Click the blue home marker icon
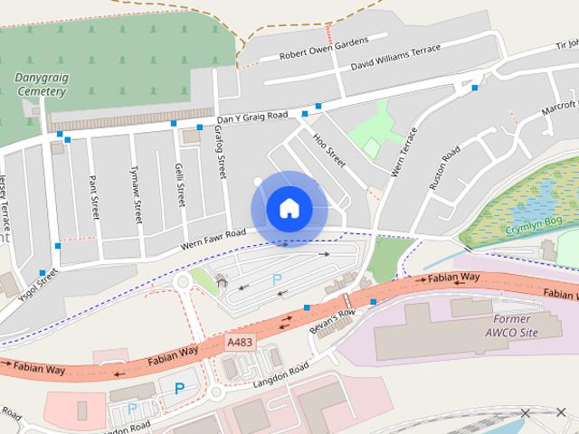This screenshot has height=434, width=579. point(289,209)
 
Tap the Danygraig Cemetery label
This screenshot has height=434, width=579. point(41,84)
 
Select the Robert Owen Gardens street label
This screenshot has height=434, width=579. point(324,48)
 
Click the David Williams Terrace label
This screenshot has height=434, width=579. point(396,58)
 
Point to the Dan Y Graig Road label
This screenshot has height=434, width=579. point(252,118)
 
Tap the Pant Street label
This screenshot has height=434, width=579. point(93,198)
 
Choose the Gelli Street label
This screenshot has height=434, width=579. point(180,183)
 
